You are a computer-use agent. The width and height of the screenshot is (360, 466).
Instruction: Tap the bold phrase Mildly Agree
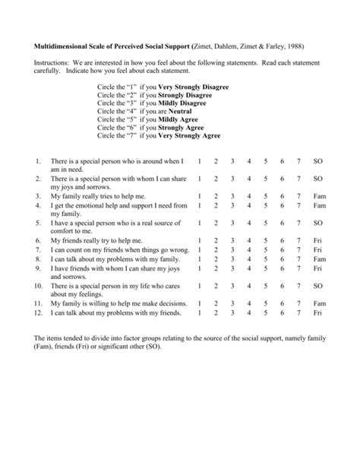(x=179, y=119)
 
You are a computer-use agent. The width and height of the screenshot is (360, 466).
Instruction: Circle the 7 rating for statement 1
(x=299, y=162)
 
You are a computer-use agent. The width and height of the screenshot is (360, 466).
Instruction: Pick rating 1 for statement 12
(x=198, y=312)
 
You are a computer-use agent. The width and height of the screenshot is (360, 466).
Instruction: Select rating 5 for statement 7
(x=266, y=249)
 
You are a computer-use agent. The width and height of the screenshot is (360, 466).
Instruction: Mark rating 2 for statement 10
(x=216, y=285)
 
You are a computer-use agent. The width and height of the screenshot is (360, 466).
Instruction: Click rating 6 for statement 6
(x=283, y=240)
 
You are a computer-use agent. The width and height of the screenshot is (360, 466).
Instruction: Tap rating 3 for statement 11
(x=232, y=303)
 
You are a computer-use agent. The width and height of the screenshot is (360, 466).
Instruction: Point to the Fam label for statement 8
(x=319, y=258)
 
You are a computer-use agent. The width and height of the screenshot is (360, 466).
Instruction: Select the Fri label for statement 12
(x=318, y=312)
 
